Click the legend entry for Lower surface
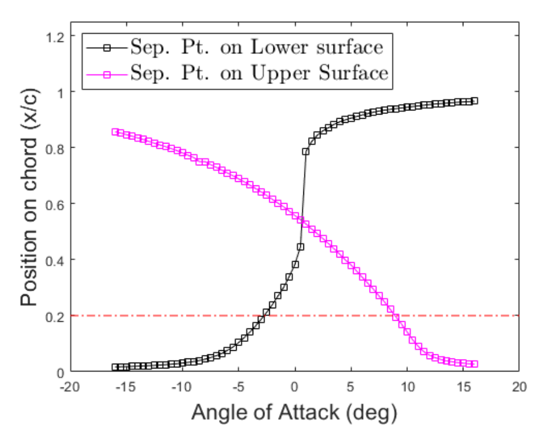[257, 47]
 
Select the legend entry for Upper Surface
[259, 73]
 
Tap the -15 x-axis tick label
[126, 387]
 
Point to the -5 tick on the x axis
[238, 387]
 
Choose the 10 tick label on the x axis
[407, 387]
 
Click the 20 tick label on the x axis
[519, 387]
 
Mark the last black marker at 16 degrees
[475, 101]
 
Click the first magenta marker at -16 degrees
[116, 132]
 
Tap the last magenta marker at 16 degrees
[475, 364]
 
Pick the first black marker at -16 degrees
[116, 367]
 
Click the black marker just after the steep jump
[306, 152]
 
